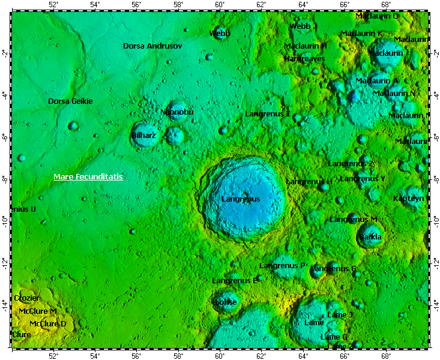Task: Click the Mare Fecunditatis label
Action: (x=88, y=177)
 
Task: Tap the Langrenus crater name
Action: (x=240, y=199)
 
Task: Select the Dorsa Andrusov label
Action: (x=152, y=46)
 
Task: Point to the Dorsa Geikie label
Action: (x=70, y=101)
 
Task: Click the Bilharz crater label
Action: (x=143, y=136)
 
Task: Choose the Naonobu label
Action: (x=176, y=112)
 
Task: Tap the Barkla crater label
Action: (x=370, y=237)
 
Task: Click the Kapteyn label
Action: (x=408, y=198)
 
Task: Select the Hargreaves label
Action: (x=304, y=59)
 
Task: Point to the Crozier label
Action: (x=26, y=298)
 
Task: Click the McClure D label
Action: (x=47, y=324)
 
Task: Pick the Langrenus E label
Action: (x=235, y=280)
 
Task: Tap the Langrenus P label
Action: (x=282, y=265)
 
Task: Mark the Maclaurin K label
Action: (x=361, y=34)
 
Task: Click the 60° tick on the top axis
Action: (x=220, y=5)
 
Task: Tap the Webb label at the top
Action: (x=220, y=34)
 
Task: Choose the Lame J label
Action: (x=340, y=314)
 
